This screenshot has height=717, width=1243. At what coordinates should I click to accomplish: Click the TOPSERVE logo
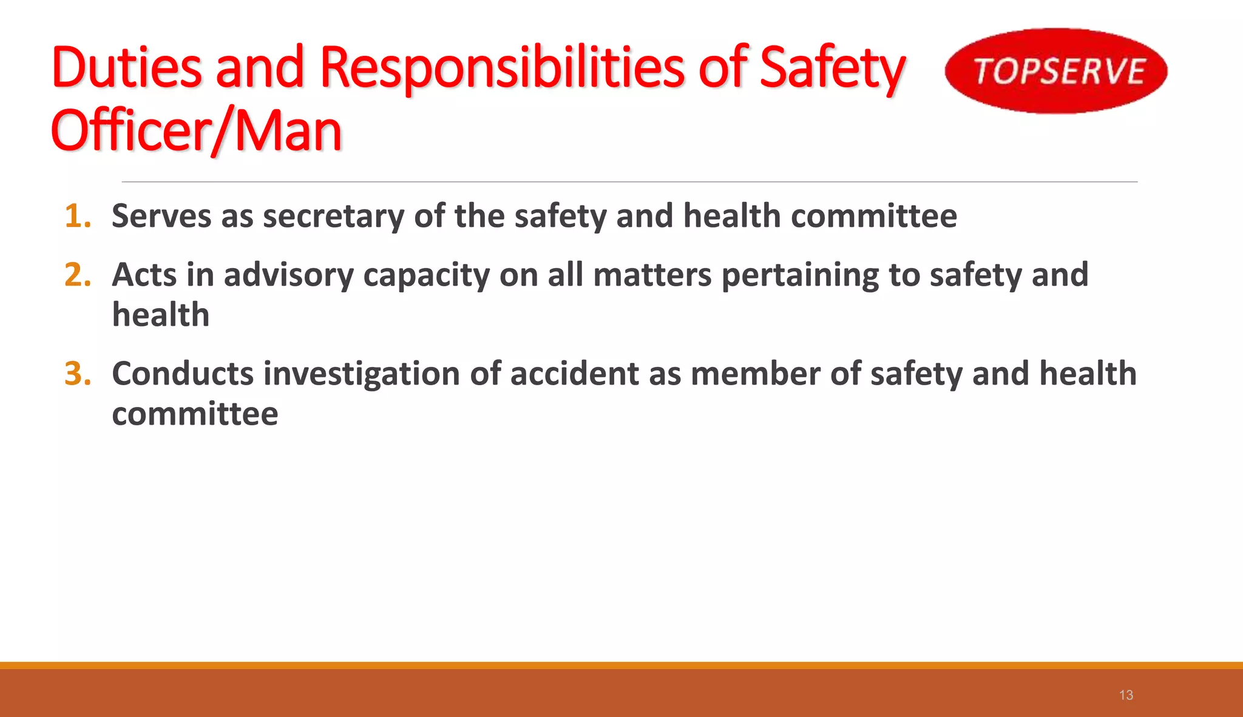coord(1056,71)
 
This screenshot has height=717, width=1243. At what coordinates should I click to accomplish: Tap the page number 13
coord(1126,695)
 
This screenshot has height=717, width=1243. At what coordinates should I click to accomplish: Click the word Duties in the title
coord(127,67)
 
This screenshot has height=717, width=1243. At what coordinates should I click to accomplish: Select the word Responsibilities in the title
coord(502,67)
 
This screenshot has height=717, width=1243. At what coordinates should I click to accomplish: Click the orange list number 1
coord(78,217)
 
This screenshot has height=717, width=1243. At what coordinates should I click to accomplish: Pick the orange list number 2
coord(78,275)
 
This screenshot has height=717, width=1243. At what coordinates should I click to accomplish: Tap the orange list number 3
coord(78,374)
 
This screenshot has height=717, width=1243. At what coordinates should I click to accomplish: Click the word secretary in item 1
coord(333,217)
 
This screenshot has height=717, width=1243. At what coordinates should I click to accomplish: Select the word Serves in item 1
coord(161,217)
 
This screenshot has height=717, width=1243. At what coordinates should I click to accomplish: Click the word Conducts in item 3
coord(183,374)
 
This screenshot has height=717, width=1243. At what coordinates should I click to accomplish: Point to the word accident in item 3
coord(574,374)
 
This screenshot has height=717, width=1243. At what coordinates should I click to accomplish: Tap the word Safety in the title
coord(833,69)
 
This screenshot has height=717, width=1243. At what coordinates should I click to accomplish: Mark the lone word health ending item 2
coord(161,315)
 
